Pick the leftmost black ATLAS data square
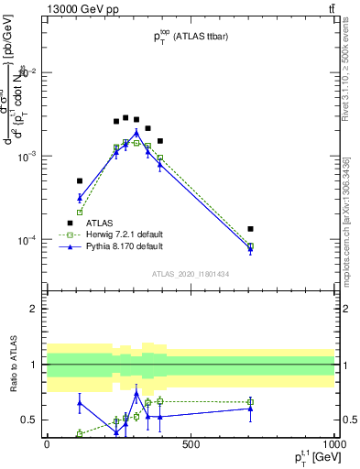80,181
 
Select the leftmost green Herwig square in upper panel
80,212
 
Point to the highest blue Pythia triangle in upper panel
136,132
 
